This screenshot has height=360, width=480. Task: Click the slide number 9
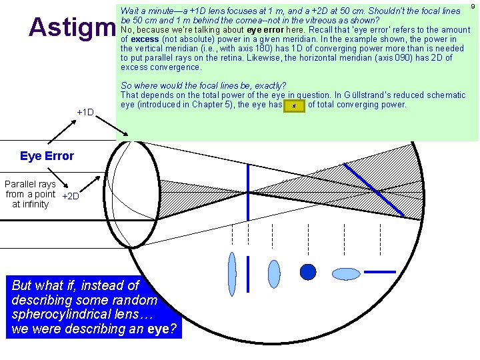point(472,6)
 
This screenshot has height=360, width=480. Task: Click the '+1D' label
point(85,112)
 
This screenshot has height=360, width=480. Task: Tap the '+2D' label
point(70,196)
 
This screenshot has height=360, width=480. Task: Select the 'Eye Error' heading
point(47,156)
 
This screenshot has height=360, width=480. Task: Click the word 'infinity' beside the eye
point(30,204)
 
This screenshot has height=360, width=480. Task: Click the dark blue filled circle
point(307,271)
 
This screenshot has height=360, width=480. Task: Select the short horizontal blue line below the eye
point(379,271)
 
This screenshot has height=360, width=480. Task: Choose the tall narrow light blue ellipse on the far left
point(231,265)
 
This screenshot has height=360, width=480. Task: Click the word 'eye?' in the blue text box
point(162,329)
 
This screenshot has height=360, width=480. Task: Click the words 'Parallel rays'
point(30,184)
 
